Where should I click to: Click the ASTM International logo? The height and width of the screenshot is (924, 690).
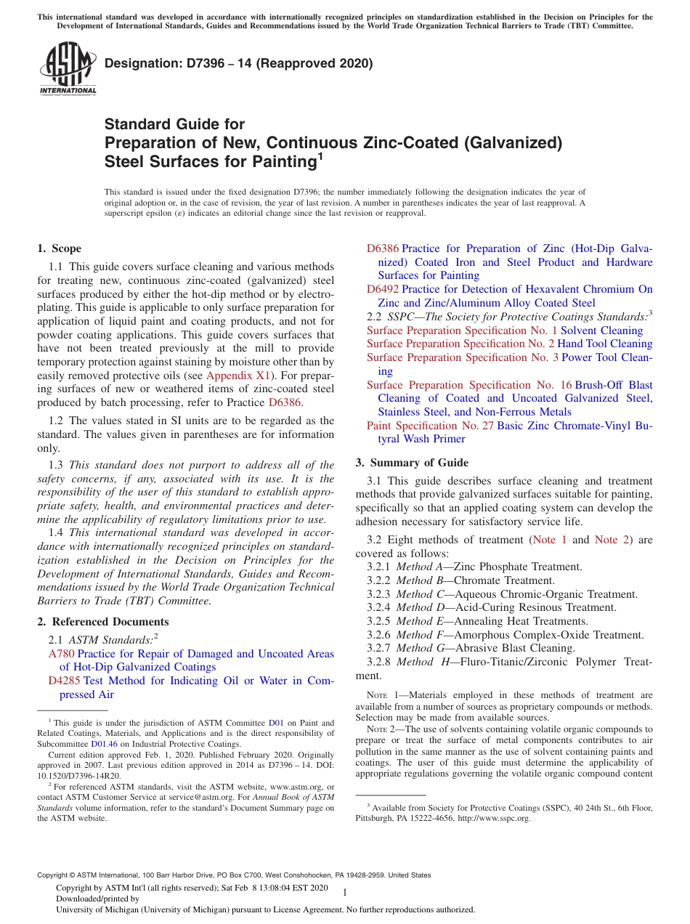click(x=68, y=69)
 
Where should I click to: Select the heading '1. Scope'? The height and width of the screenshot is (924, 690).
click(x=59, y=248)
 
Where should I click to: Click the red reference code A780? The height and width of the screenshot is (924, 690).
click(x=61, y=654)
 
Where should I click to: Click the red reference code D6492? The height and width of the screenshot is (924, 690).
click(x=383, y=289)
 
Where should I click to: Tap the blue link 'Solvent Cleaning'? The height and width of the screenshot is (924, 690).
click(x=601, y=331)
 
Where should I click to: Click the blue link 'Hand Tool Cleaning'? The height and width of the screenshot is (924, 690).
click(x=605, y=344)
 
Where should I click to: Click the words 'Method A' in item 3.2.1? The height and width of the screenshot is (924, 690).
click(x=417, y=567)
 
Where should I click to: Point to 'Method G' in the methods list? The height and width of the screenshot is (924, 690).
click(x=417, y=648)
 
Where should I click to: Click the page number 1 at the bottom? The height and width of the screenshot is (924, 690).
click(x=345, y=893)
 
